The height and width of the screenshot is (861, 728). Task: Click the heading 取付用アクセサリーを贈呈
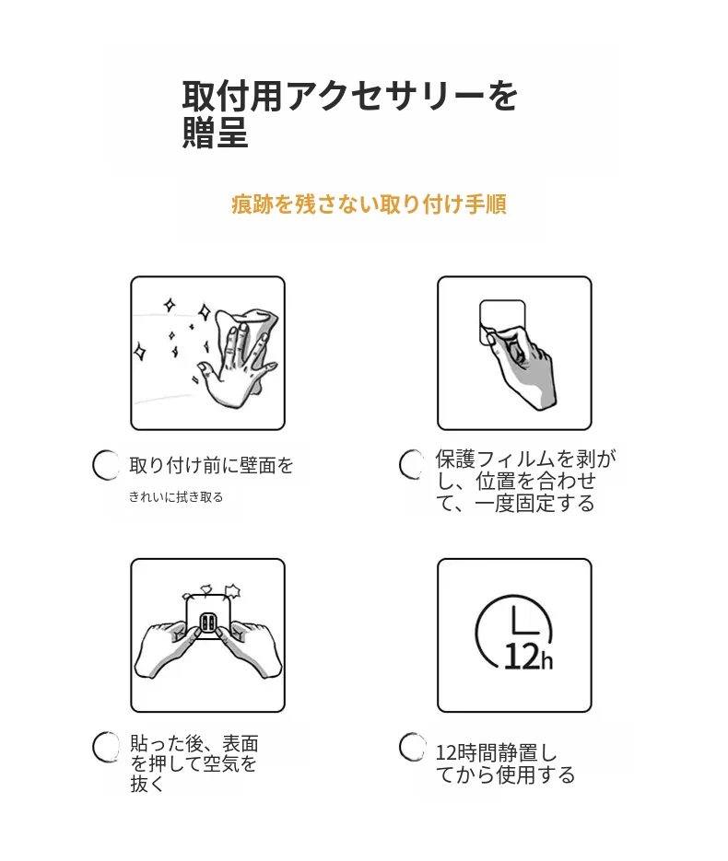tap(349, 114)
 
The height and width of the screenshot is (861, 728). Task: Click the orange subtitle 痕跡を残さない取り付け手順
tap(369, 204)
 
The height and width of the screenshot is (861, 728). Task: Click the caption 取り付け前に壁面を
tap(211, 465)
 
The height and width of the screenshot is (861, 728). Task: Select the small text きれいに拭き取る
tap(176, 497)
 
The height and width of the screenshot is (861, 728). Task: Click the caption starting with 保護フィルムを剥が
tap(526, 481)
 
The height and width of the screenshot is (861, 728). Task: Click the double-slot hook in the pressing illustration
tap(207, 622)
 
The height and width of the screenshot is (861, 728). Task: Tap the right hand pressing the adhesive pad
tap(249, 649)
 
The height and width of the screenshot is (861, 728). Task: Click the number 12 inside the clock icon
tap(521, 657)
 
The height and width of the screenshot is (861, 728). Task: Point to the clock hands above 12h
tap(521, 621)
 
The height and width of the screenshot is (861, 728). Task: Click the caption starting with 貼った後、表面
tap(194, 763)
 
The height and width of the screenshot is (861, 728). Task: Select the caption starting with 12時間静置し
tap(505, 763)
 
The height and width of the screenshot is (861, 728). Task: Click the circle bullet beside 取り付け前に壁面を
tap(105, 465)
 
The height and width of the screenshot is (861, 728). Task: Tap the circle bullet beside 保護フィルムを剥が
tap(412, 464)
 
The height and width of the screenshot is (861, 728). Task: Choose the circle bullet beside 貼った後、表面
tap(105, 747)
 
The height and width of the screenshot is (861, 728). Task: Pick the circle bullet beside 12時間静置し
tap(412, 747)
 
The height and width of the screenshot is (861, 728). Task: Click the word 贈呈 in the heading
tap(215, 133)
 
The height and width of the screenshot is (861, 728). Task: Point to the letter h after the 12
tap(546, 660)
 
